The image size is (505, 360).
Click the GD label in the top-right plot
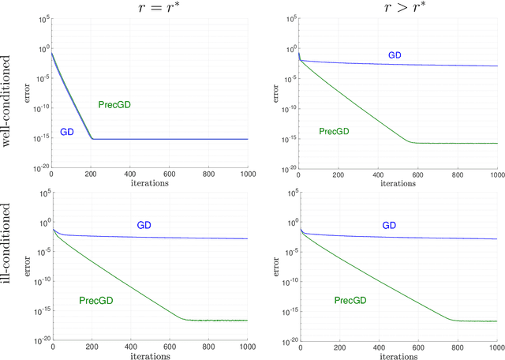tap(395, 55)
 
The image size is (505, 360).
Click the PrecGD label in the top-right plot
tap(333, 131)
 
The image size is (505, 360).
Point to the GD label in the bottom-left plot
tap(144, 226)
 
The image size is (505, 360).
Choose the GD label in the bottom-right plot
tap(389, 226)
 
